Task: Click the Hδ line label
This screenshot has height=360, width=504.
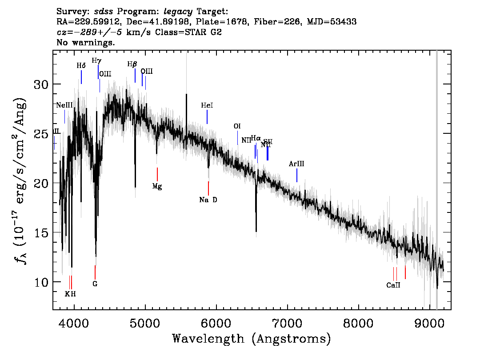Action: coord(80,65)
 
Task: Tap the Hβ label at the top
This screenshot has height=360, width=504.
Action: coord(132,64)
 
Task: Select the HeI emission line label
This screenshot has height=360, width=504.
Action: coord(207,105)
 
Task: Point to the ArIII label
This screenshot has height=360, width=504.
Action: coord(296,164)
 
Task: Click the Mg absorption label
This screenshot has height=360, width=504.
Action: coord(157,186)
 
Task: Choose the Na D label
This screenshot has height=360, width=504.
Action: coord(208,200)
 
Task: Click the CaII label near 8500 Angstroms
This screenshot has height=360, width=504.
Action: coord(393,285)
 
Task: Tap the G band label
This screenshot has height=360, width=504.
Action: coord(95,284)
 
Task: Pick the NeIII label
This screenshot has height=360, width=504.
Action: coord(64,105)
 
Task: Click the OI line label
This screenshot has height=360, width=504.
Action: coord(237,126)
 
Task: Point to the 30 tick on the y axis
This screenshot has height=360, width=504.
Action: coord(41,84)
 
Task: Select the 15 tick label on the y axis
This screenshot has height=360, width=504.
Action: coord(41,232)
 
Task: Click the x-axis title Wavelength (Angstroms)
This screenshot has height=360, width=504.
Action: coord(252,339)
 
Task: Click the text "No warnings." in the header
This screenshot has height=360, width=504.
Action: coord(86,43)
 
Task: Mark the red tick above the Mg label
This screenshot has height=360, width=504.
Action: coord(157,174)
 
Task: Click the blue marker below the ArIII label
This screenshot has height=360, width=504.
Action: coord(297,176)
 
